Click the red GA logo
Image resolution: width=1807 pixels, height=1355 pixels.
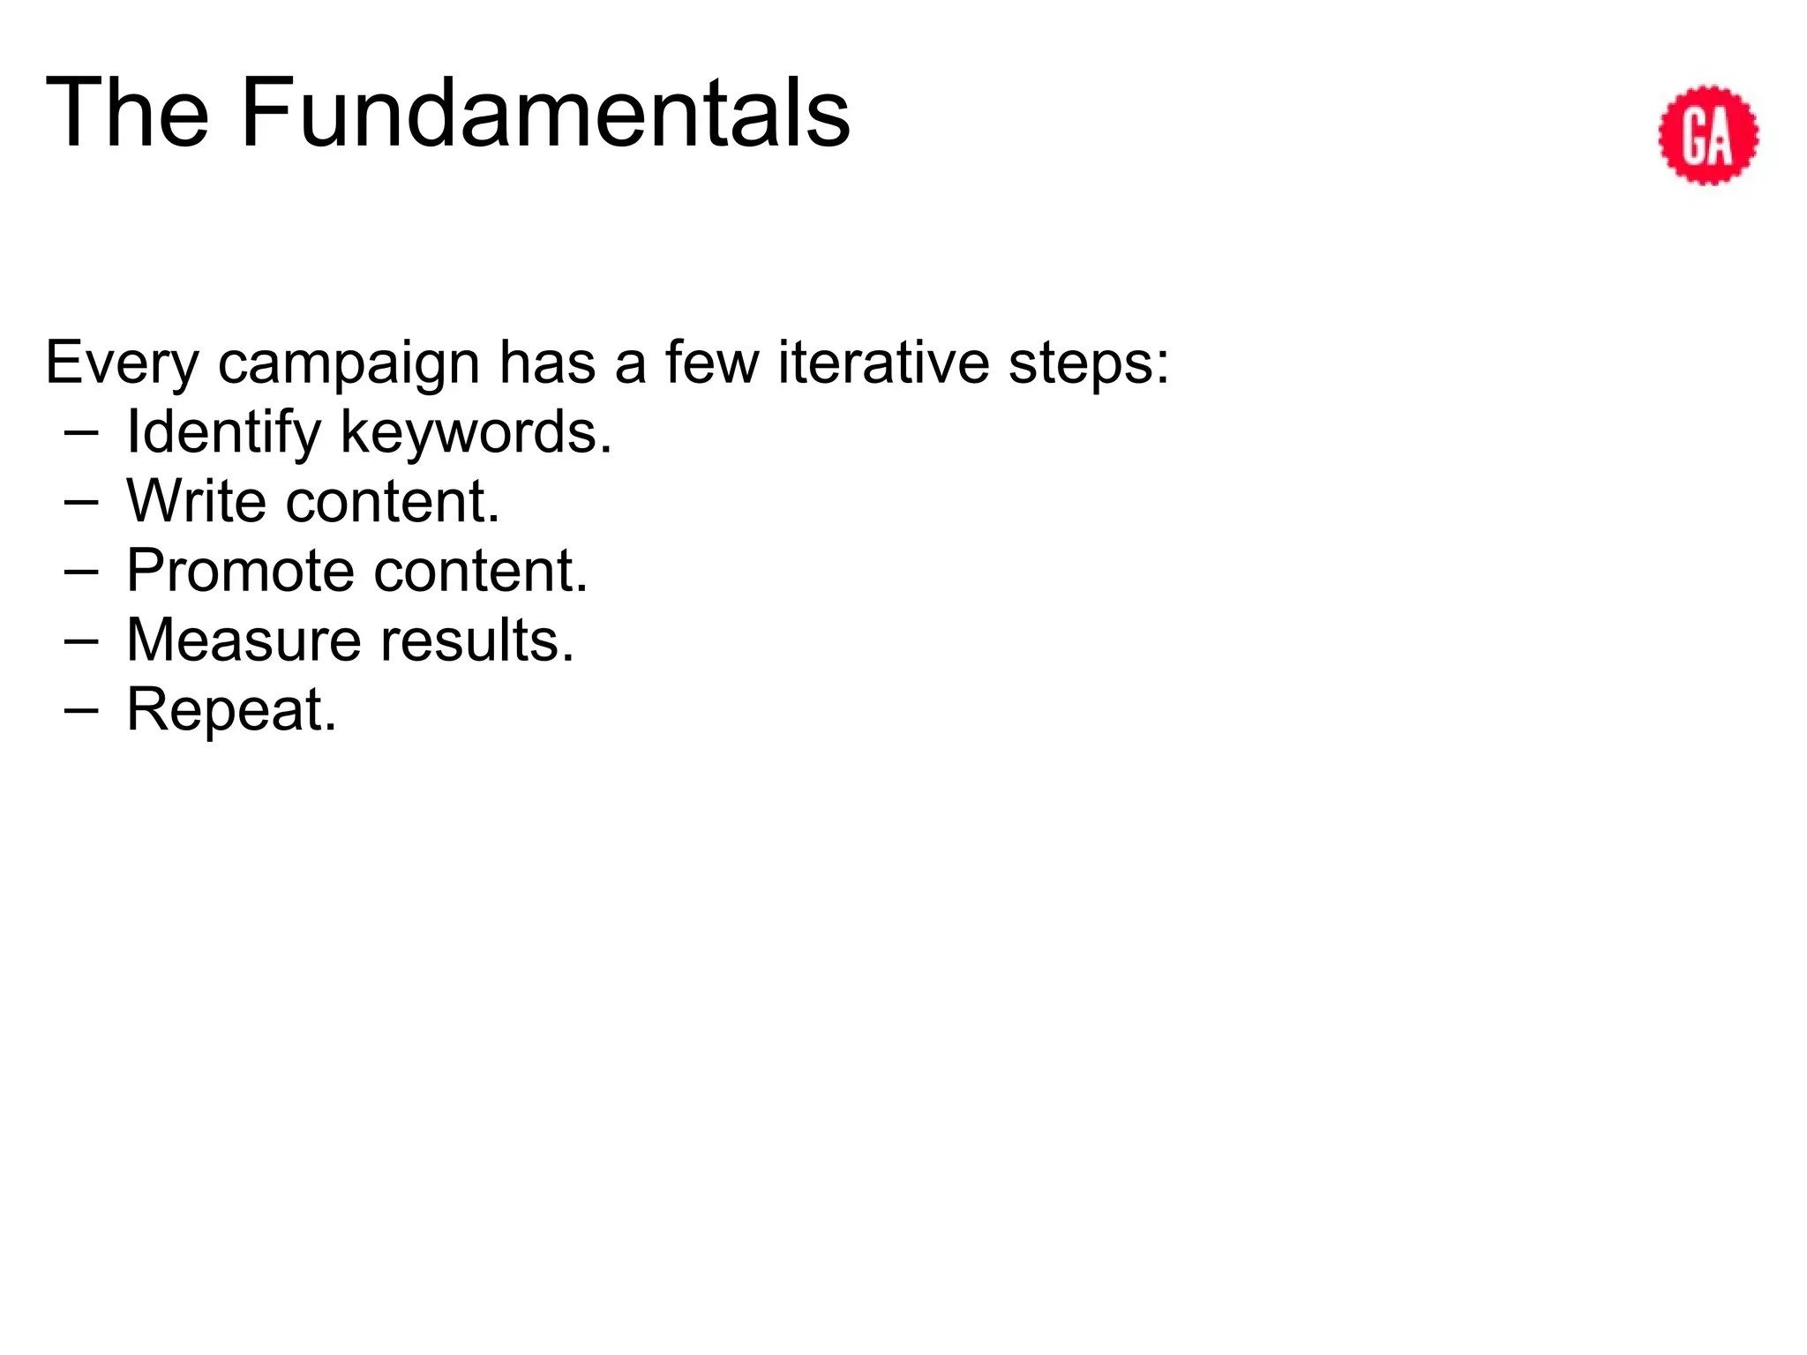tap(1708, 135)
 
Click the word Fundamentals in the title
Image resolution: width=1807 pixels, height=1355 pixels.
tap(544, 113)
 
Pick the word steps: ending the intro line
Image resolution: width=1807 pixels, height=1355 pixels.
tap(1089, 363)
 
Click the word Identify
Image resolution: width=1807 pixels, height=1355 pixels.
tap(223, 432)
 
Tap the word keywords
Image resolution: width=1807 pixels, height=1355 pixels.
tap(476, 432)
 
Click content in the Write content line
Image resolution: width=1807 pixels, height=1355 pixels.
tap(393, 501)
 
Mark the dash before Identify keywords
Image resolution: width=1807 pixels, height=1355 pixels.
tap(81, 433)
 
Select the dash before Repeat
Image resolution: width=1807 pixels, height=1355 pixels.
tap(81, 710)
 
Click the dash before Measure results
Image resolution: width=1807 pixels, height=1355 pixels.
tap(81, 640)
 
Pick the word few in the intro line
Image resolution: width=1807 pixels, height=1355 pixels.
tap(711, 363)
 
